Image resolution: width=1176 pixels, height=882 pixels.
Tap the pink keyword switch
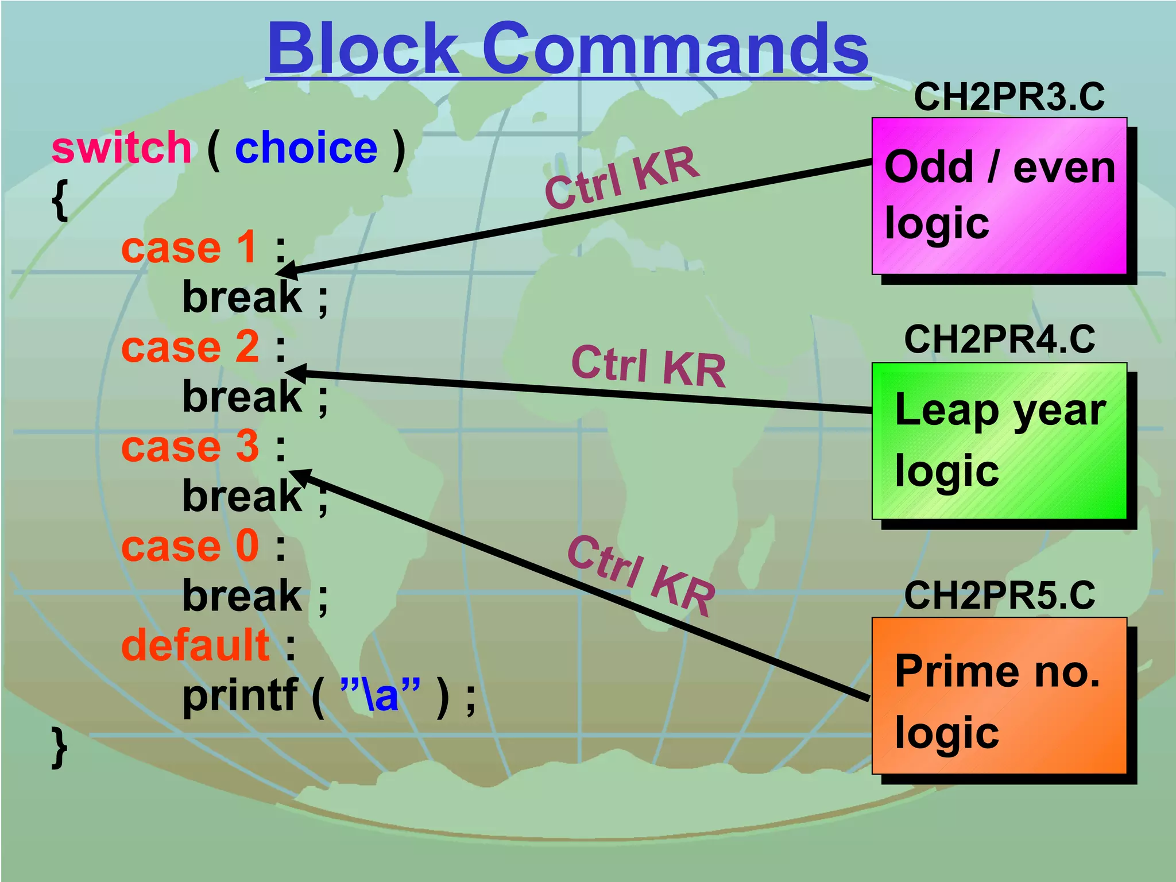tap(121, 148)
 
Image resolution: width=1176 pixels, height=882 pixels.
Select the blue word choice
tap(306, 148)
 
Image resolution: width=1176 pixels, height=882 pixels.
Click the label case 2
tap(189, 347)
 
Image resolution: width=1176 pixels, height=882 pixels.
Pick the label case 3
tap(189, 447)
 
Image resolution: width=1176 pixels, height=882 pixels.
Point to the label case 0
tap(189, 546)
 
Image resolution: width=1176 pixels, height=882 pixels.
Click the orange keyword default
tap(195, 645)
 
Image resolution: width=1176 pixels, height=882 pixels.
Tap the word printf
tap(240, 695)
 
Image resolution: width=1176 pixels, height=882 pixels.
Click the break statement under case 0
tap(242, 596)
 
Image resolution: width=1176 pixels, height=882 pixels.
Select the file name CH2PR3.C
tap(1009, 97)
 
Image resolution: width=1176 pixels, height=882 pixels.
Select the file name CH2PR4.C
tap(999, 339)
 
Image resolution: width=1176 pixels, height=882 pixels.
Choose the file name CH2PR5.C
tap(999, 595)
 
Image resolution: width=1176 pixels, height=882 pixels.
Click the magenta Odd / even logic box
tap(999, 196)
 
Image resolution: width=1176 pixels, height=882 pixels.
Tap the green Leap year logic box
tap(999, 440)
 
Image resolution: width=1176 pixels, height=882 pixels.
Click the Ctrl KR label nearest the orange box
tap(641, 576)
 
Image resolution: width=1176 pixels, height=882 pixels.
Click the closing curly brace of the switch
tap(59, 747)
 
